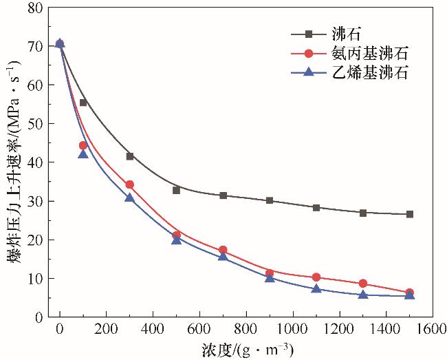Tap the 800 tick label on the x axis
click(x=246, y=329)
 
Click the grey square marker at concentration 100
click(x=83, y=103)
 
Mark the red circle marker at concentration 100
click(x=83, y=145)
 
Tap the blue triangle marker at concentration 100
click(x=83, y=154)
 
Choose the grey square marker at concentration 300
click(x=130, y=156)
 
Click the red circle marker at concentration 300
click(x=130, y=184)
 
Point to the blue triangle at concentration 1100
click(x=316, y=288)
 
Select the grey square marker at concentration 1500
click(x=410, y=214)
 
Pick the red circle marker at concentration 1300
click(x=363, y=284)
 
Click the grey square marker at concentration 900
click(x=270, y=200)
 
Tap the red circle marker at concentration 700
click(x=223, y=250)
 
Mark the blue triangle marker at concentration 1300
click(x=363, y=295)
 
